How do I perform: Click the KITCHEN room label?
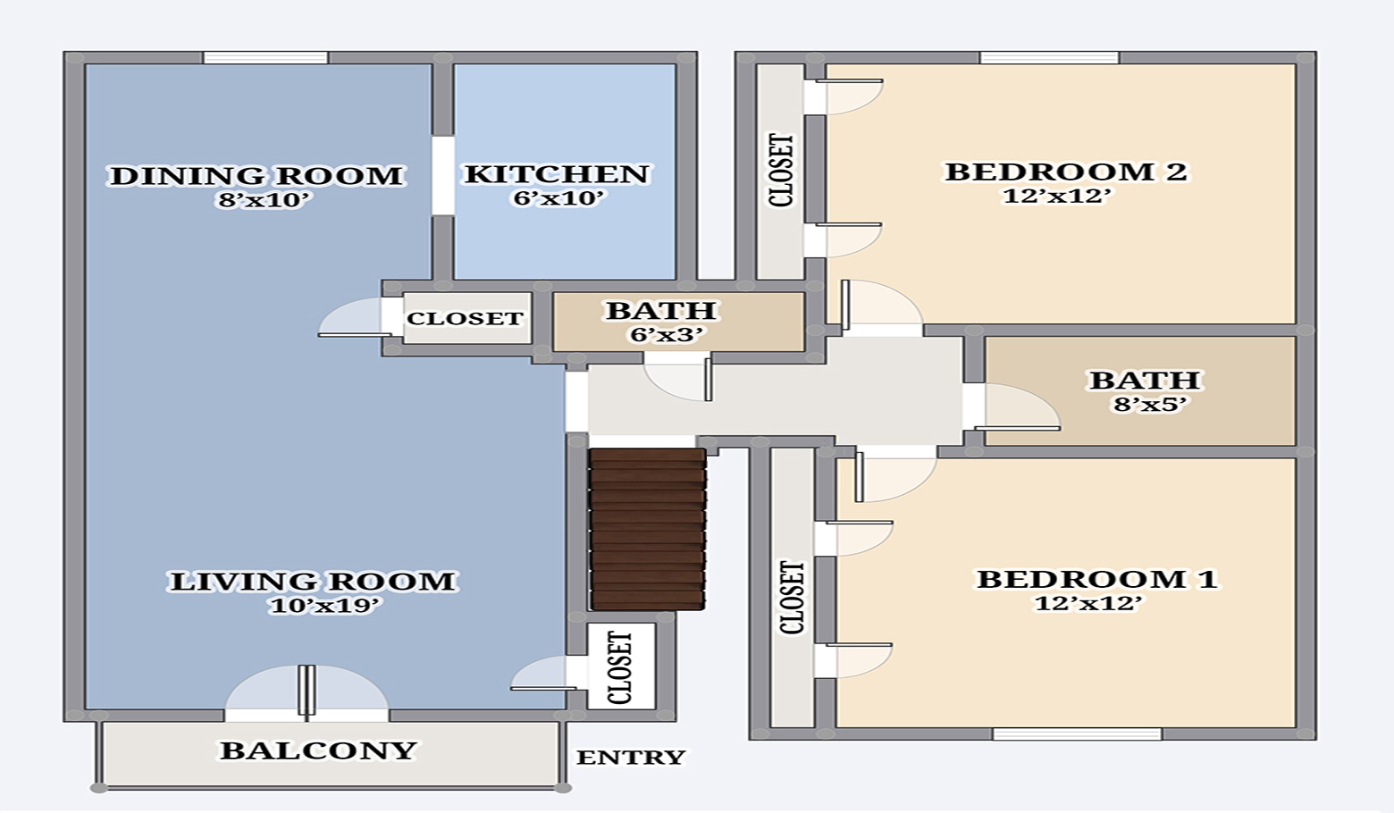pos(557,173)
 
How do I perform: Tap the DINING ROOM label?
pos(256,175)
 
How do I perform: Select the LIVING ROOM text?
pos(313,582)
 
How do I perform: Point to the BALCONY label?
pos(319,750)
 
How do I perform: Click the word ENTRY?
pos(631,758)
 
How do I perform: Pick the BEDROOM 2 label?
pos(1066,172)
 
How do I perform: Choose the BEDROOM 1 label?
pos(1097,579)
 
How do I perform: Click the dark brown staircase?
pos(648,530)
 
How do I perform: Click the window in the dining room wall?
pos(265,58)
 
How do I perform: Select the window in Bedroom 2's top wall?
pos(1049,58)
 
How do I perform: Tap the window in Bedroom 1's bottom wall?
pos(1077,734)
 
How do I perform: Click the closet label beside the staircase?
pos(620,667)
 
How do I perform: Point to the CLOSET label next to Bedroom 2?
pos(781,171)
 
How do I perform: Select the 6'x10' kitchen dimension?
pos(559,198)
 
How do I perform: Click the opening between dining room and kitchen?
pos(442,175)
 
